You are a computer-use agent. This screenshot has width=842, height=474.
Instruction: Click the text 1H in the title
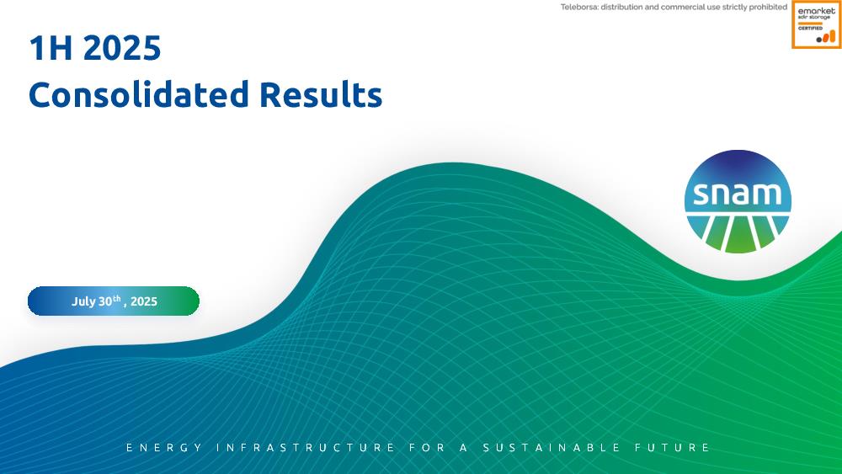51,47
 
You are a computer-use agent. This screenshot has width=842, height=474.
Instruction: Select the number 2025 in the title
122,47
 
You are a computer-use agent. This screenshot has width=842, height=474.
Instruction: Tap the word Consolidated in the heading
139,94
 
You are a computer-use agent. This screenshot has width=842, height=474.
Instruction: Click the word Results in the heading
321,94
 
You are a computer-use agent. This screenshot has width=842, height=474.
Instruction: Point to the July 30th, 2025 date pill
114,301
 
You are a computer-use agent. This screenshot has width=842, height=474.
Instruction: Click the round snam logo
738,201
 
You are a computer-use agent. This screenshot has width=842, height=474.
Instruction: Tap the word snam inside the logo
738,194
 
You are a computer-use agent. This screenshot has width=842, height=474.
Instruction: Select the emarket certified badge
816,24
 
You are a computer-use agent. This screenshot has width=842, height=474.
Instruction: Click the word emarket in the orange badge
816,11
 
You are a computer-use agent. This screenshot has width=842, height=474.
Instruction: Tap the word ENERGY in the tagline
164,448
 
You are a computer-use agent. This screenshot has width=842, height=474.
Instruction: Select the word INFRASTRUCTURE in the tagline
306,448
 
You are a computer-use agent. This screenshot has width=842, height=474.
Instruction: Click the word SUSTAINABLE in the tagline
552,448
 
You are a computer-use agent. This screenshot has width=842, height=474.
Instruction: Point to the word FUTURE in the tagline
672,448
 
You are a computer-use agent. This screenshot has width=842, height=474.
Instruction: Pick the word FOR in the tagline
428,448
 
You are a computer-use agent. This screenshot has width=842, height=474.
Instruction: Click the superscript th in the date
116,298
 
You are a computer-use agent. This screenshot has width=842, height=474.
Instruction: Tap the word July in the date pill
83,301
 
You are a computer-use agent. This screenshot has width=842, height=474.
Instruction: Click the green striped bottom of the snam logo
738,233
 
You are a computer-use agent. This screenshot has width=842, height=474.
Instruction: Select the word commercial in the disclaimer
690,7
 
